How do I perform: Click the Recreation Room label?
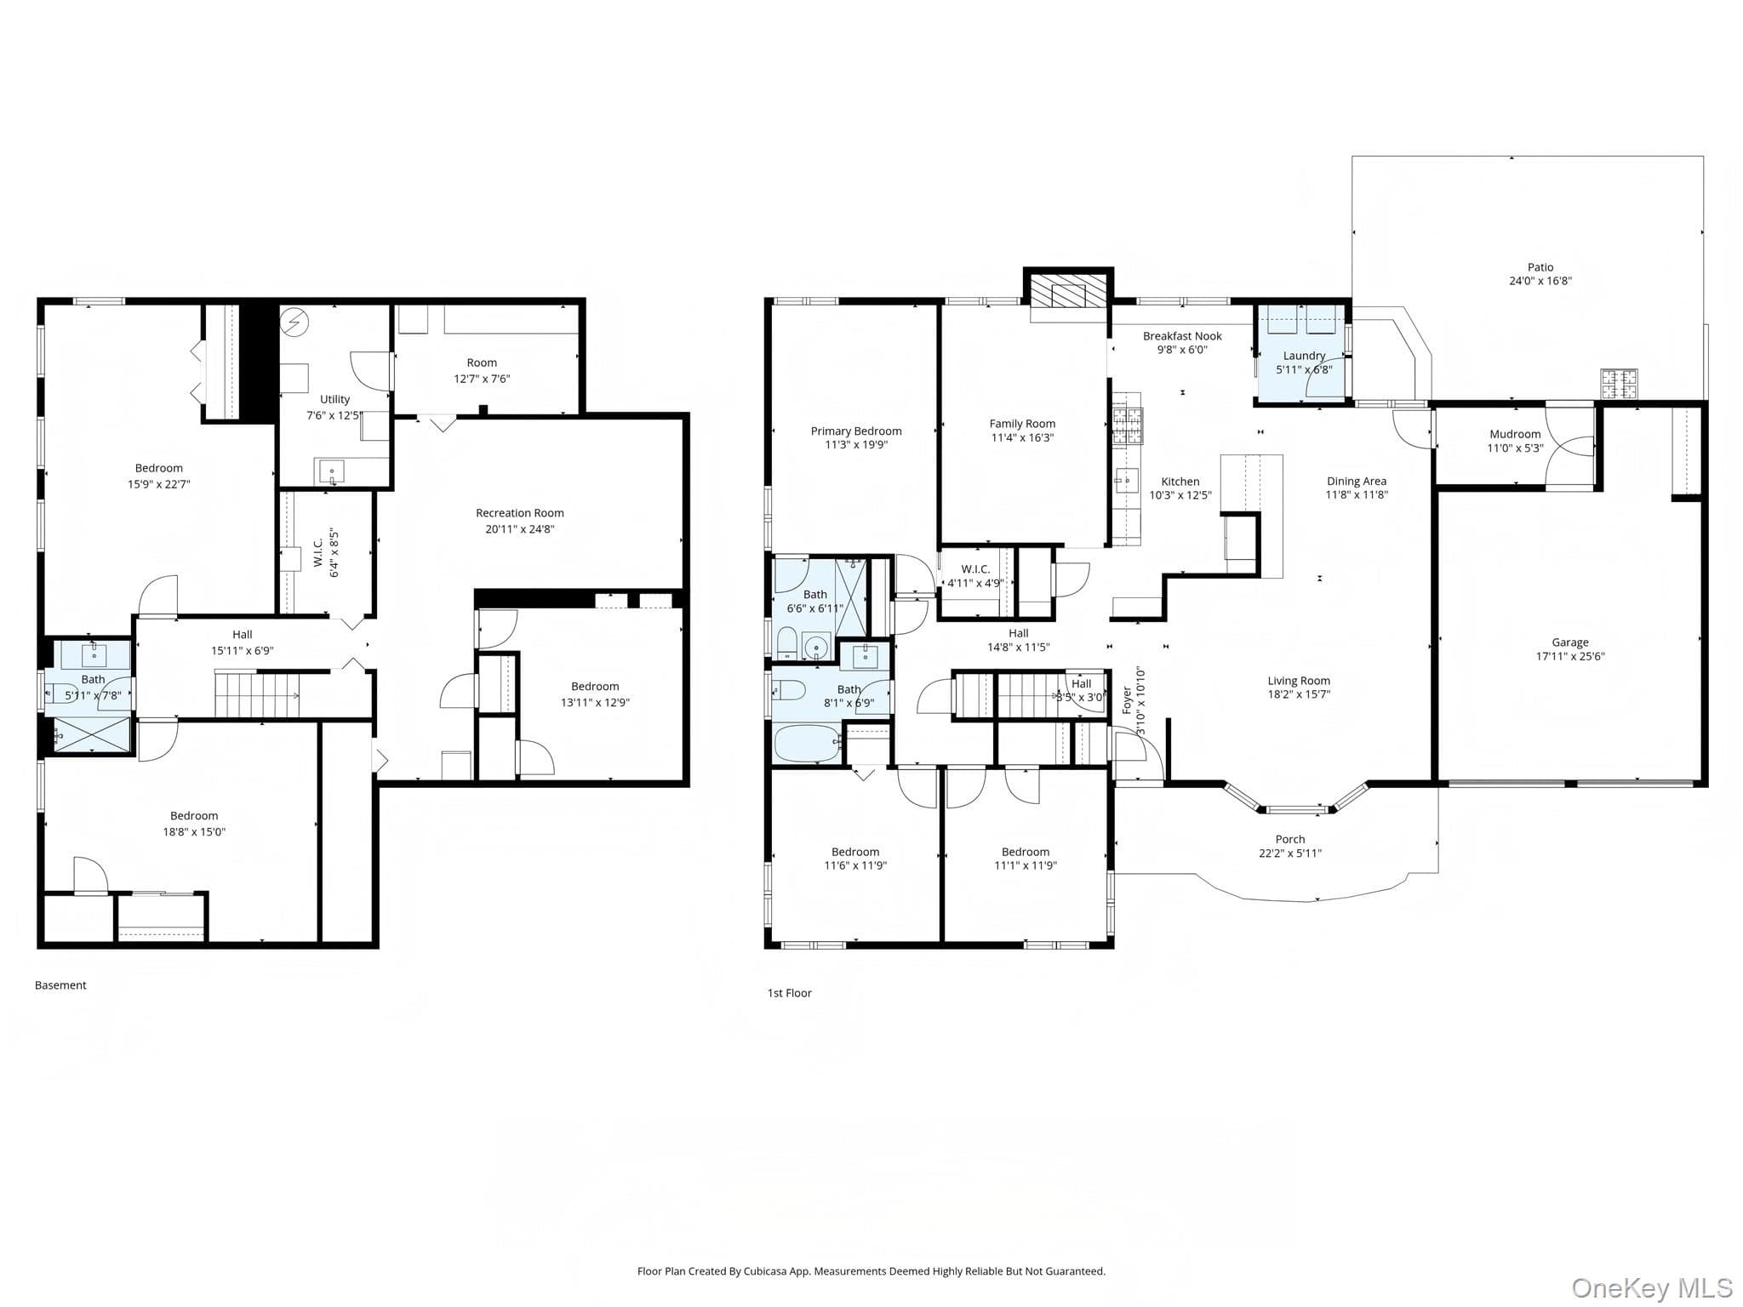coord(519,513)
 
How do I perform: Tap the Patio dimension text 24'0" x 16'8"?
coord(1540,281)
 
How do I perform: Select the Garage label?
coord(1570,642)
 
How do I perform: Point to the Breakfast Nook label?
coord(1182,336)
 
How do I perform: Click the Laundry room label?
coord(1304,356)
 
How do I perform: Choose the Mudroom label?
coord(1515,434)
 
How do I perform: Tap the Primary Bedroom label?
coord(856,431)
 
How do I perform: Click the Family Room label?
coord(1022,424)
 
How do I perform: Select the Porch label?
coord(1290,839)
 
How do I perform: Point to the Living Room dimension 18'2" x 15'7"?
coord(1299,694)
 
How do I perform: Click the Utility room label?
coord(334,399)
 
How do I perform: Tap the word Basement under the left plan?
coord(60,985)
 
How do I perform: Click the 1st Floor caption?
coord(790,993)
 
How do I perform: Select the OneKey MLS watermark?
coord(1651,1287)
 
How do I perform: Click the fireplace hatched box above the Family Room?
coord(1069,289)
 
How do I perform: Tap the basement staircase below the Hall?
coord(257,695)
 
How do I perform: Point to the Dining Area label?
coord(1357,482)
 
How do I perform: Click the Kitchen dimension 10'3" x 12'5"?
coord(1180,495)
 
